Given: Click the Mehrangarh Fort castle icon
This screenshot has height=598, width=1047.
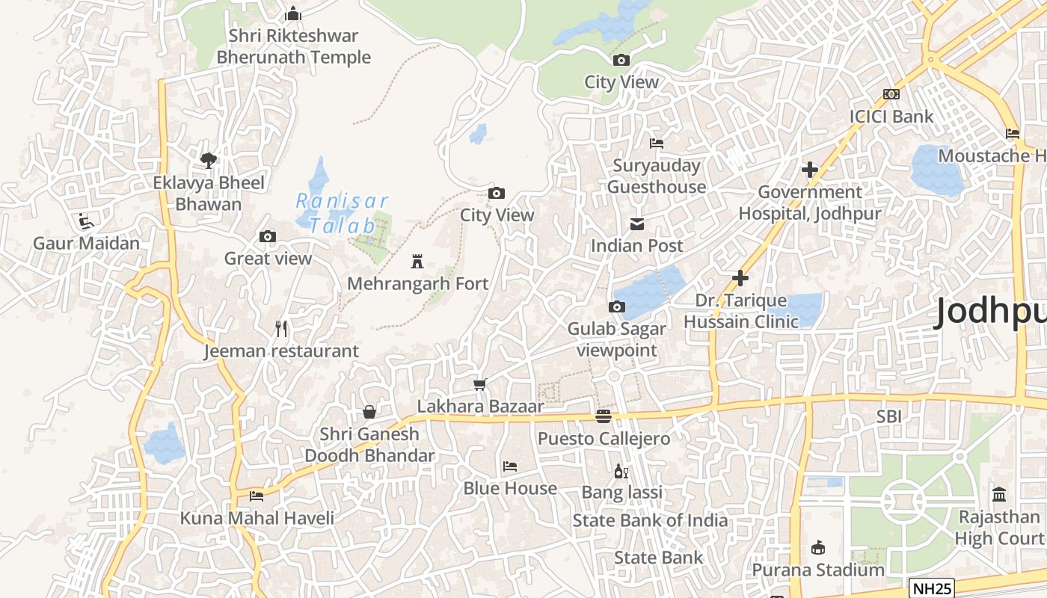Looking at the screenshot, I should (417, 262).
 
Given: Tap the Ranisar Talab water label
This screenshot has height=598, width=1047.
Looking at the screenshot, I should (343, 213).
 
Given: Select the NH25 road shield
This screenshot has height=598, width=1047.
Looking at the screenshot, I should (931, 588).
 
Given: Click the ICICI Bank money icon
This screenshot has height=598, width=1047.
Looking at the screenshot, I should (891, 94).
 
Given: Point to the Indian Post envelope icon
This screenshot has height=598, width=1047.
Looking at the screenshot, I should (637, 224).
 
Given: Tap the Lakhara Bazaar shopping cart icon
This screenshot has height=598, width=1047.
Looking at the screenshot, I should (480, 384).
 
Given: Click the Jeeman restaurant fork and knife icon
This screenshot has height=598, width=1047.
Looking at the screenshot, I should (281, 328).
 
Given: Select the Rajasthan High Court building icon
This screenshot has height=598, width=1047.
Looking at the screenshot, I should (999, 495).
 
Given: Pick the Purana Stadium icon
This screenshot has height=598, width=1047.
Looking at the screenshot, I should (818, 548).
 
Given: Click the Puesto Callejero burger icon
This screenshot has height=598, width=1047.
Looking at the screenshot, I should (604, 416).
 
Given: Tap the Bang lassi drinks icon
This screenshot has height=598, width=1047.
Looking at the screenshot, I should (621, 471).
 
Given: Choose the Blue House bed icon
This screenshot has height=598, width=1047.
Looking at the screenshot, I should (510, 466).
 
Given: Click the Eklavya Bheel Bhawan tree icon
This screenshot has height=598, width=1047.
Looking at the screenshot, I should (209, 160).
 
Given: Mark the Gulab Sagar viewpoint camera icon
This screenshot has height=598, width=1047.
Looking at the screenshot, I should (617, 306).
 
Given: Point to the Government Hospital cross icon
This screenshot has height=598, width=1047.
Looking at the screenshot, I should (809, 170).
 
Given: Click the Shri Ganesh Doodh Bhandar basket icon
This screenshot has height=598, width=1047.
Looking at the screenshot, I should (369, 412).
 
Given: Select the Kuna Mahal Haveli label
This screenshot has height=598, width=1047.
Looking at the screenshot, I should (257, 518).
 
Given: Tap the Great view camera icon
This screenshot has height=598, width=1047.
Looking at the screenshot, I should (268, 237).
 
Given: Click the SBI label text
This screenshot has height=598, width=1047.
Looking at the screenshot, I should (889, 416).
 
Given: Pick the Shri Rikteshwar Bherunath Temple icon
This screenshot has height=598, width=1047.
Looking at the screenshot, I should (293, 13).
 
